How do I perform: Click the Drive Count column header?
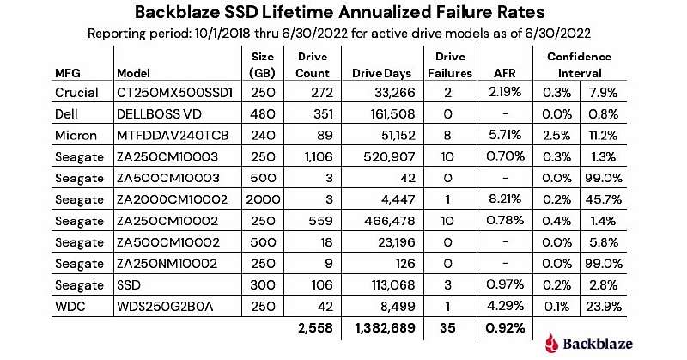(312, 65)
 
